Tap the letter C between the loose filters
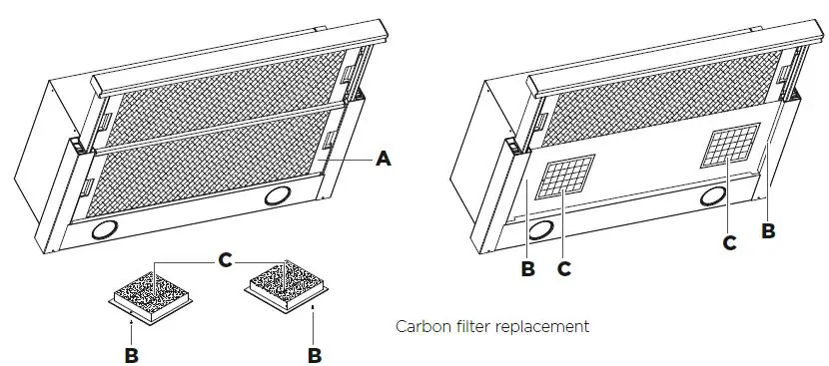click(226, 260)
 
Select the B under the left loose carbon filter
click(132, 353)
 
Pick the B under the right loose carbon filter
click(314, 353)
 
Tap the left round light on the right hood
click(542, 230)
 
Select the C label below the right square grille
click(729, 241)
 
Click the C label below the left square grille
click(565, 266)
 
